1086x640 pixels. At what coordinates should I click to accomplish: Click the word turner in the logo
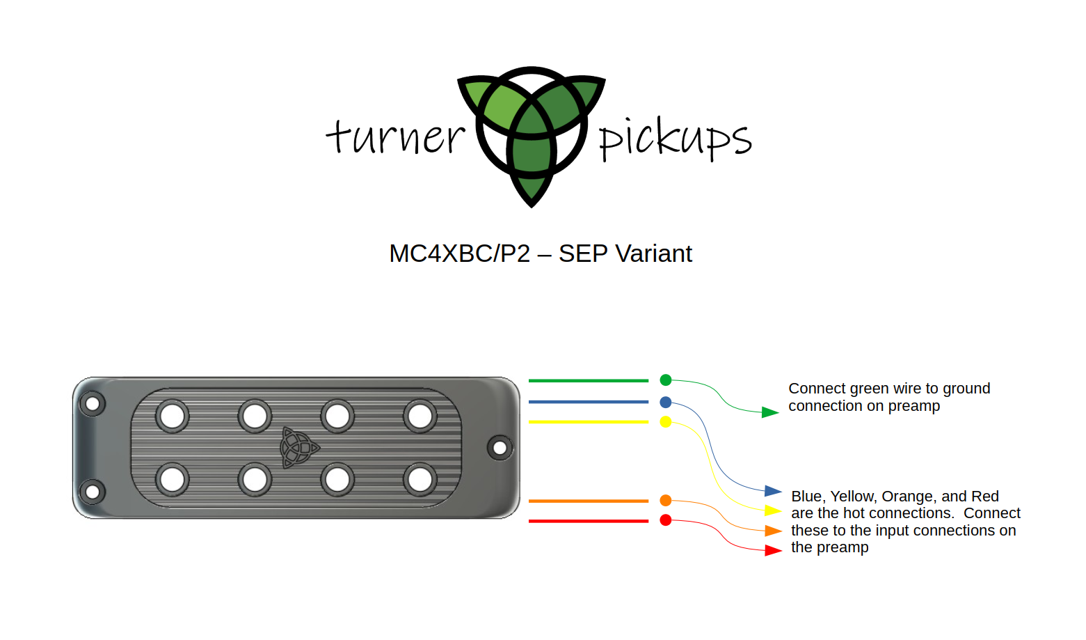[395, 136]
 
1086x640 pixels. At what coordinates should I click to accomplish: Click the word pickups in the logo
[675, 139]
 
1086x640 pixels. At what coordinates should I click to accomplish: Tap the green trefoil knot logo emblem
[532, 132]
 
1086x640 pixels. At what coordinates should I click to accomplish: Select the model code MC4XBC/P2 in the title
[459, 253]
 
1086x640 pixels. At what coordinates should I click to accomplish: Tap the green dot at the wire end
[666, 380]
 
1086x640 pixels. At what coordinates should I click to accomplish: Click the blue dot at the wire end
[666, 402]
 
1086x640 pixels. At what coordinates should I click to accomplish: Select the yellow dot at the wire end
[666, 421]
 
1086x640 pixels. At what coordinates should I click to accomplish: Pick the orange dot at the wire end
[666, 500]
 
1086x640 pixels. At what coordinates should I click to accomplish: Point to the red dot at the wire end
[666, 520]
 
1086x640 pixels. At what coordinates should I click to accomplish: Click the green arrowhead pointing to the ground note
[769, 412]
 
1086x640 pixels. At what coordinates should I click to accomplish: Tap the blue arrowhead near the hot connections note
[773, 491]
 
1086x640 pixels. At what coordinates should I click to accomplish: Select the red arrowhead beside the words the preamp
[773, 550]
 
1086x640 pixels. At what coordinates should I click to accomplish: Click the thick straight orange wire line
[588, 501]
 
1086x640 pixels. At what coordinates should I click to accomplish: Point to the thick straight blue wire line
[588, 402]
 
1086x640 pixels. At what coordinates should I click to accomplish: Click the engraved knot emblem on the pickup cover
[298, 447]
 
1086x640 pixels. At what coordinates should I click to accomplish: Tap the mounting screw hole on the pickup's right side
[500, 448]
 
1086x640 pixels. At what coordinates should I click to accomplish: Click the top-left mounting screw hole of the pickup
[92, 403]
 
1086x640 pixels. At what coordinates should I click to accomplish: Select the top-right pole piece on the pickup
[420, 416]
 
